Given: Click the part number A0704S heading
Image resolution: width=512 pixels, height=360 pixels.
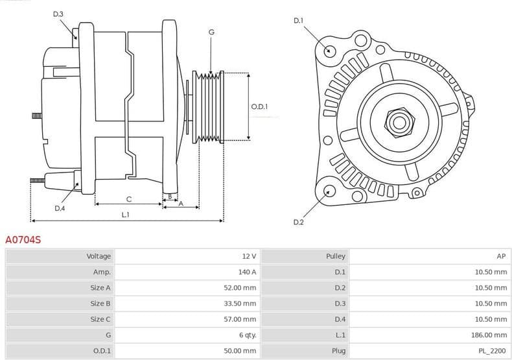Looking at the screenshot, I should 23,240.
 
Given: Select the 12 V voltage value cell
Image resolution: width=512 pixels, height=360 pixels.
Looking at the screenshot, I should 249,256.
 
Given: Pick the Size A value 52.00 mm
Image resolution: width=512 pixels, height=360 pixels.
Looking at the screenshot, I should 240,287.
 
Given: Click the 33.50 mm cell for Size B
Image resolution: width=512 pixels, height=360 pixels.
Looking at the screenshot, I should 240,303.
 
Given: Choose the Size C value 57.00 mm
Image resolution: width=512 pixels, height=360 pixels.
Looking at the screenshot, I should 240,319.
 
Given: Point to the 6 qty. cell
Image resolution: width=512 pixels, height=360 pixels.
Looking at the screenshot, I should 247,335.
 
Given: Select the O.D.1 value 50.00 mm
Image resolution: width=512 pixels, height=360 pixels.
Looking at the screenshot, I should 240,350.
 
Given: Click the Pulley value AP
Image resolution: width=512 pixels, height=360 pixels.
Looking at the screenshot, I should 502,256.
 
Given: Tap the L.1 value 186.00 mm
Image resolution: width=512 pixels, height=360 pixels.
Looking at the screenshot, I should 489,335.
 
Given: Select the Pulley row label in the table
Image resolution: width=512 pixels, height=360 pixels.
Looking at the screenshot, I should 336,256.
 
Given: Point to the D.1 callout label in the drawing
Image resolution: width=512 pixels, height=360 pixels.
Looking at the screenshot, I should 298,21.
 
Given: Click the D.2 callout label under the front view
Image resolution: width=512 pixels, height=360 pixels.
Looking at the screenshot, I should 298,222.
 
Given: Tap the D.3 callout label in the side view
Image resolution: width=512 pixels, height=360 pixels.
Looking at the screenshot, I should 58,14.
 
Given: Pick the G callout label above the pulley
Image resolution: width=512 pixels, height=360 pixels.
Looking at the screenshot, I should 211,32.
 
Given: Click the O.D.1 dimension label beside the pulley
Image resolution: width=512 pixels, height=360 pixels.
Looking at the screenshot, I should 259,106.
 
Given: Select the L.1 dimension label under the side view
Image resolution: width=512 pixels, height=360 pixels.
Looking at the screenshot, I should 126,214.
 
